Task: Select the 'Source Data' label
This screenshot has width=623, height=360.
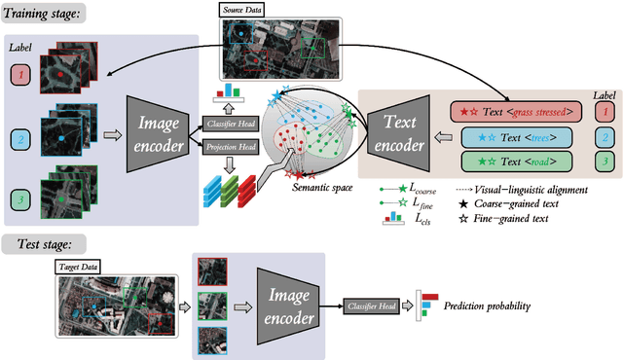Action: pos(247,9)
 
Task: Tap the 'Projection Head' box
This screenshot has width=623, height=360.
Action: pos(228,147)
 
